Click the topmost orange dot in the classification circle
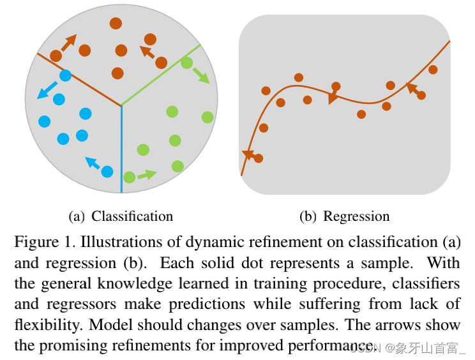point(116,24)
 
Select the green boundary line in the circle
point(160,75)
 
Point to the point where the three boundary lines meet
point(121,105)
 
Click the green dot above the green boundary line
point(186,63)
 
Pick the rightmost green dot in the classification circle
point(207,117)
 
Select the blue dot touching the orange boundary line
point(65,75)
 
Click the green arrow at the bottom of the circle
point(147,174)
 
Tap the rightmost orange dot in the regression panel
point(433,70)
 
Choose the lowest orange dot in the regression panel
point(258,158)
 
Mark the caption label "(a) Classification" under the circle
point(121,216)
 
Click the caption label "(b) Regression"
point(345,216)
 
